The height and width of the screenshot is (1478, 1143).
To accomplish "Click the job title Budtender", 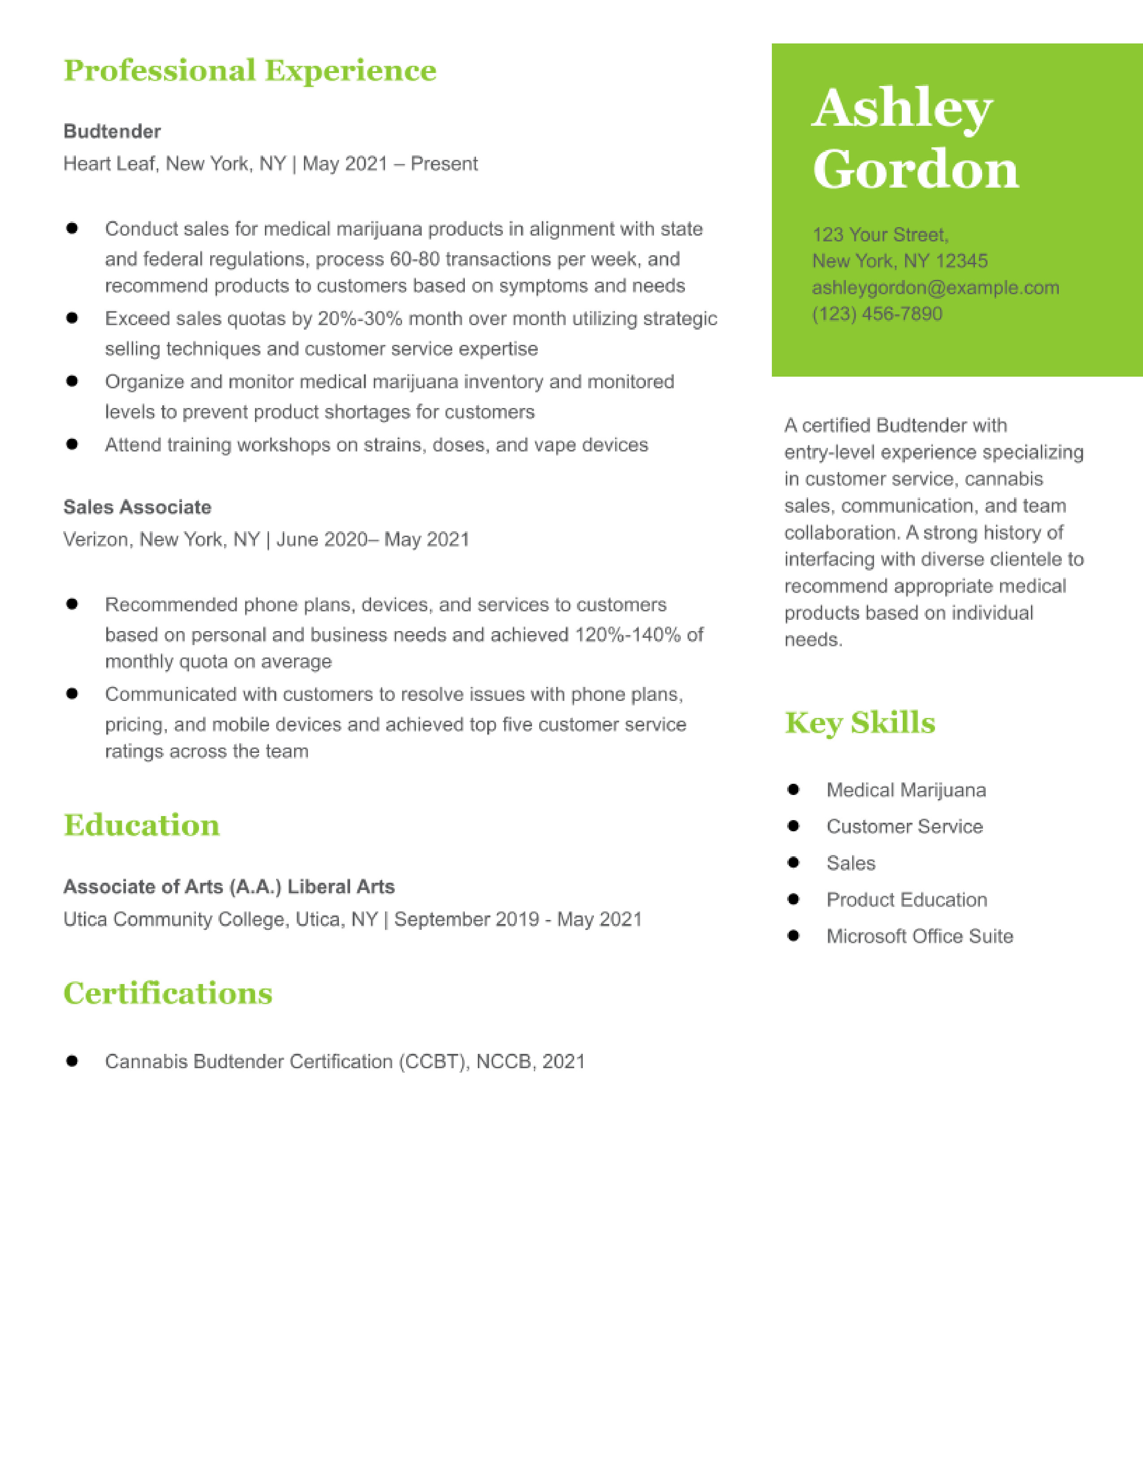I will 112,131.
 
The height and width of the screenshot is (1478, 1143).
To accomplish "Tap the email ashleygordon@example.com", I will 935,288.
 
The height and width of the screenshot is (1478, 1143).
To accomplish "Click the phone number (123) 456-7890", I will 877,314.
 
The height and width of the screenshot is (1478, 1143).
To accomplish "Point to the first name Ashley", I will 902,108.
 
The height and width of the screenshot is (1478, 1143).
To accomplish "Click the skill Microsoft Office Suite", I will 919,936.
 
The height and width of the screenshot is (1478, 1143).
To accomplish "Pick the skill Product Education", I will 907,899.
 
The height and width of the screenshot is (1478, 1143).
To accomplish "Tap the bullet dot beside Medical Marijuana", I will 793,789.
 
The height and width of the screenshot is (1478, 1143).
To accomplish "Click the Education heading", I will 142,825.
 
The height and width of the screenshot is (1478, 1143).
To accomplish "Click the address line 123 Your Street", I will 880,235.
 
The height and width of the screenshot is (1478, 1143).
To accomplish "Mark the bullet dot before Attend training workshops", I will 72,444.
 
